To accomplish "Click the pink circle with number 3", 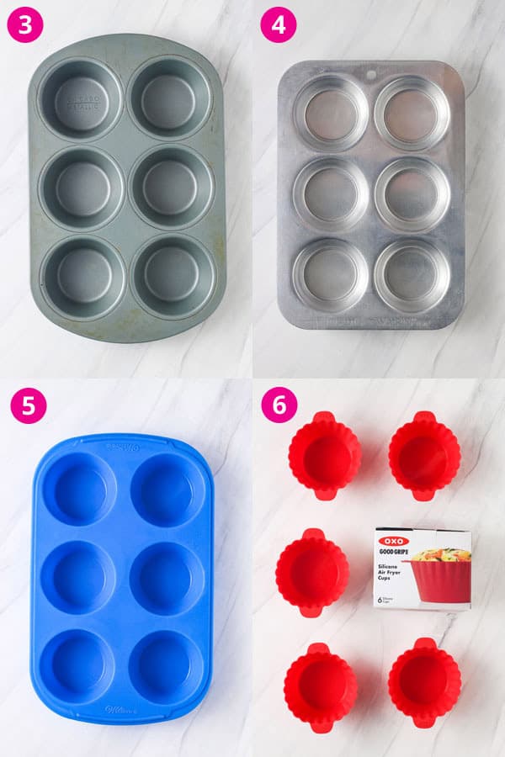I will (25, 25).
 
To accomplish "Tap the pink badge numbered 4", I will (278, 25).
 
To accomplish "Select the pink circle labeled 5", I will (25, 405).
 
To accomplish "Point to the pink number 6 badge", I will (278, 405).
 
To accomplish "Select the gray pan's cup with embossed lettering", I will (82, 98).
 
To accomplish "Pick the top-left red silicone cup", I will (324, 455).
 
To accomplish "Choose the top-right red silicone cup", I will (424, 455).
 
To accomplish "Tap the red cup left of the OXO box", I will (312, 572).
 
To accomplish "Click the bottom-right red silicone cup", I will (424, 681).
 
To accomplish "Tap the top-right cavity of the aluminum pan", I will (412, 113).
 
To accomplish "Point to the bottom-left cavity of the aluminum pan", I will (330, 275).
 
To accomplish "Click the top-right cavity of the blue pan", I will (167, 490).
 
